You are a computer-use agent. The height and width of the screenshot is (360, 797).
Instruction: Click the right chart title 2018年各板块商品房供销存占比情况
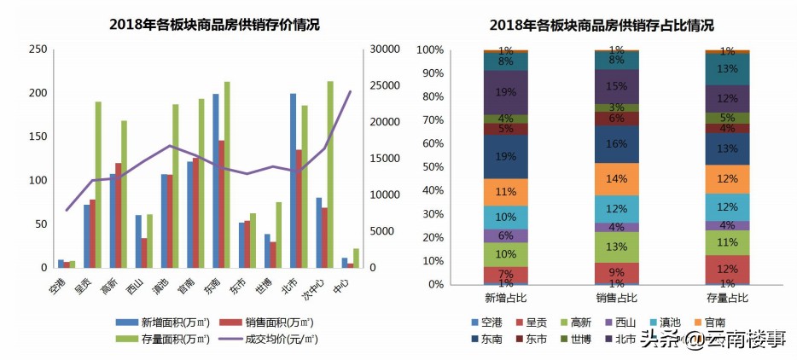[602, 25]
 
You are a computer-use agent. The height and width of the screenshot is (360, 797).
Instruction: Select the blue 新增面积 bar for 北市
[293, 181]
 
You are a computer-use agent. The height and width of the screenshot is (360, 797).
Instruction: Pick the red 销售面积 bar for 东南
[221, 204]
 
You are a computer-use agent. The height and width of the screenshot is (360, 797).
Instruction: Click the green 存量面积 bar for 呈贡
[98, 184]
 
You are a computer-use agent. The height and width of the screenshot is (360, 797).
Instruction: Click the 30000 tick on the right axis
[379, 49]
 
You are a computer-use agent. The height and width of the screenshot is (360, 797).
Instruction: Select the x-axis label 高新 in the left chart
[108, 284]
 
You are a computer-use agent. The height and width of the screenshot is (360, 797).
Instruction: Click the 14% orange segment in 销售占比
[616, 179]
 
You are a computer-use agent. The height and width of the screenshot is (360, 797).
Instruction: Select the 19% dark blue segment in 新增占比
[505, 157]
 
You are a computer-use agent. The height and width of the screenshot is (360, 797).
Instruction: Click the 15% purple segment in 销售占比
[616, 87]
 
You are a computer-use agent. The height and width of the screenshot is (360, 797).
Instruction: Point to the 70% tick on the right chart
[430, 120]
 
